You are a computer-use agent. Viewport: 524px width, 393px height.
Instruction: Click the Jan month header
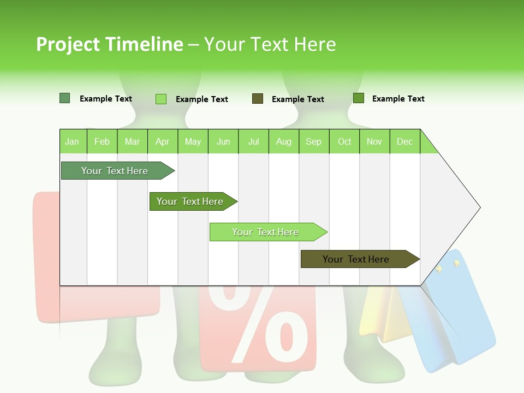tap(73, 141)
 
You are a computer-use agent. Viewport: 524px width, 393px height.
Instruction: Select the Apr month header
tap(163, 141)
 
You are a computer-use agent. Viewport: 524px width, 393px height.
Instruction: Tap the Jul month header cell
tap(253, 141)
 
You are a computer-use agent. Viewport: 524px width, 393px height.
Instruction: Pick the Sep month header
tap(313, 141)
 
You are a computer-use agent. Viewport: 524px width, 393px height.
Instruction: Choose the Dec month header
tap(404, 141)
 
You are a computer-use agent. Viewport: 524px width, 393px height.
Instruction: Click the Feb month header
tap(102, 141)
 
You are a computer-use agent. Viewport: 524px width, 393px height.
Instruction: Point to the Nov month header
tap(374, 141)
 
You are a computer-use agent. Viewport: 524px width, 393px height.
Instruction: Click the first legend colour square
tap(65, 98)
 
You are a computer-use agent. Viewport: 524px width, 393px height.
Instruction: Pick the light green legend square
tap(161, 99)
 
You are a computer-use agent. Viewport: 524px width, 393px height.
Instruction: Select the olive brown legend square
tap(258, 99)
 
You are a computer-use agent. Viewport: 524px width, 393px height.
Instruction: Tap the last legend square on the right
tap(359, 98)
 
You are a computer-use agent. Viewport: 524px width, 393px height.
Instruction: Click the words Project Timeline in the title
tap(109, 44)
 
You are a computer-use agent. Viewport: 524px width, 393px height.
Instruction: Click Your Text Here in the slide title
tap(270, 44)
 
